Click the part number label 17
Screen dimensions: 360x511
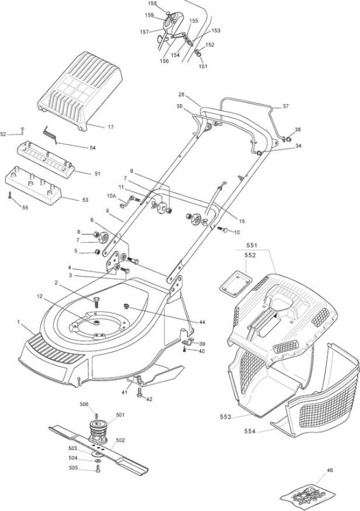(111, 127)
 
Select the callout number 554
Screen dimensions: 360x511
(250, 431)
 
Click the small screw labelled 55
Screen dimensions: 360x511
(10, 195)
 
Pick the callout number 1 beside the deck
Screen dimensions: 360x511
(19, 322)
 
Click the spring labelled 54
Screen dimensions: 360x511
(50, 134)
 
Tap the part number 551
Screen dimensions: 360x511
(251, 245)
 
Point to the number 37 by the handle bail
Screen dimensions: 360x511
(286, 106)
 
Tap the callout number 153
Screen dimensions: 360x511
(216, 31)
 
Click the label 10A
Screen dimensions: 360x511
(111, 196)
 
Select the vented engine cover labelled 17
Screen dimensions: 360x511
(80, 90)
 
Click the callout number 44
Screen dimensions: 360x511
(202, 322)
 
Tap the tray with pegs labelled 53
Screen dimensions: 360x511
(33, 186)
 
